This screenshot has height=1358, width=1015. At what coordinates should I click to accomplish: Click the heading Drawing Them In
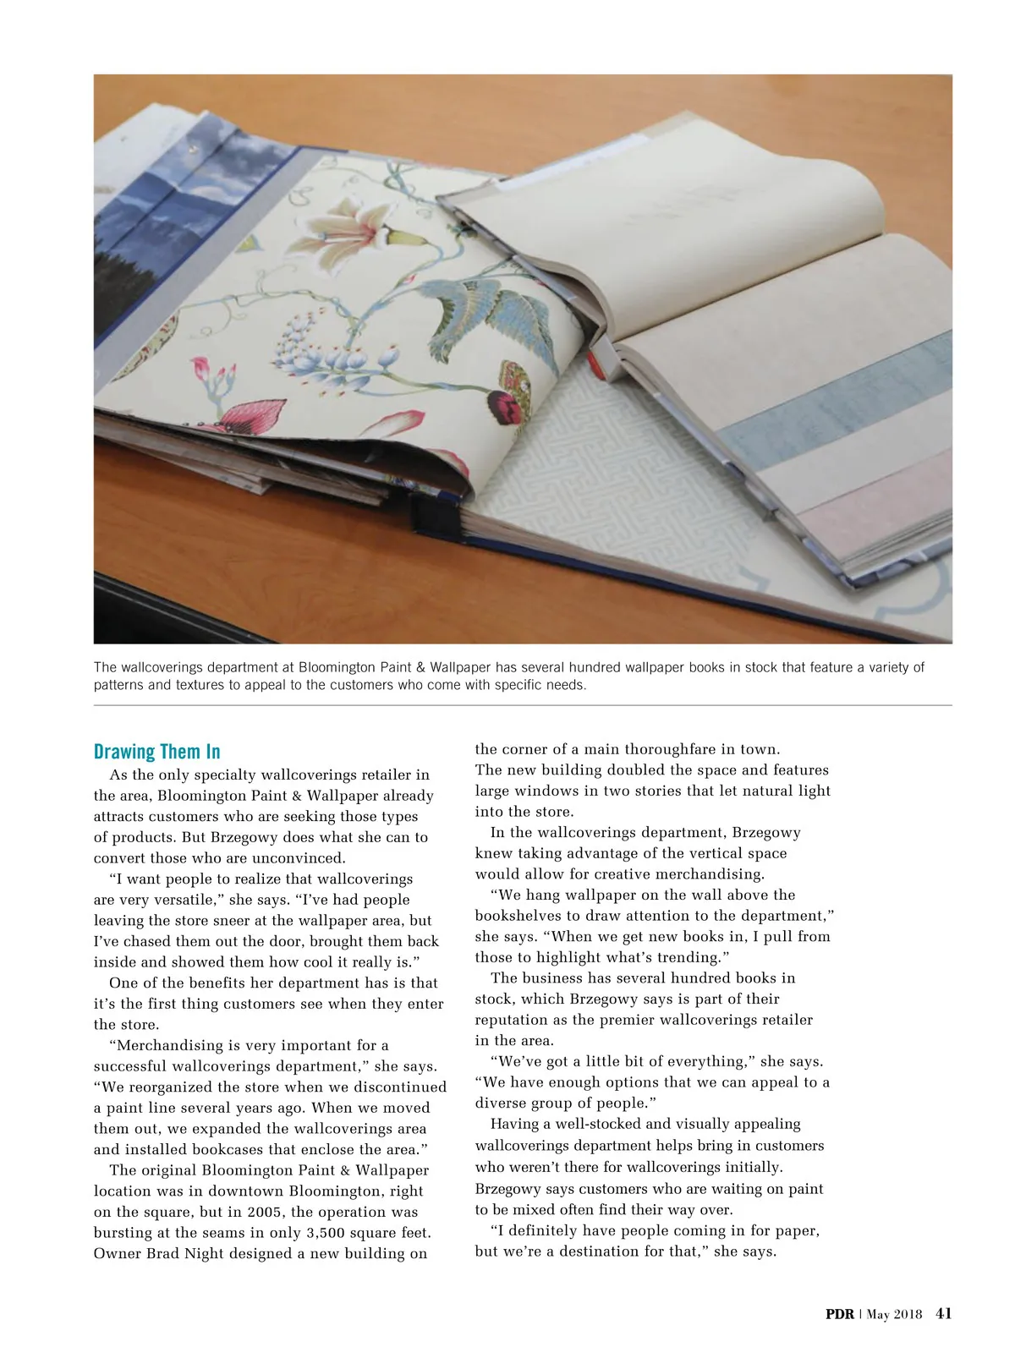click(x=156, y=752)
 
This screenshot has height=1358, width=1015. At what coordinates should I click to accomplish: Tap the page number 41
click(x=944, y=1313)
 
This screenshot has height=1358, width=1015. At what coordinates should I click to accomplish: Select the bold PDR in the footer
click(x=840, y=1314)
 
